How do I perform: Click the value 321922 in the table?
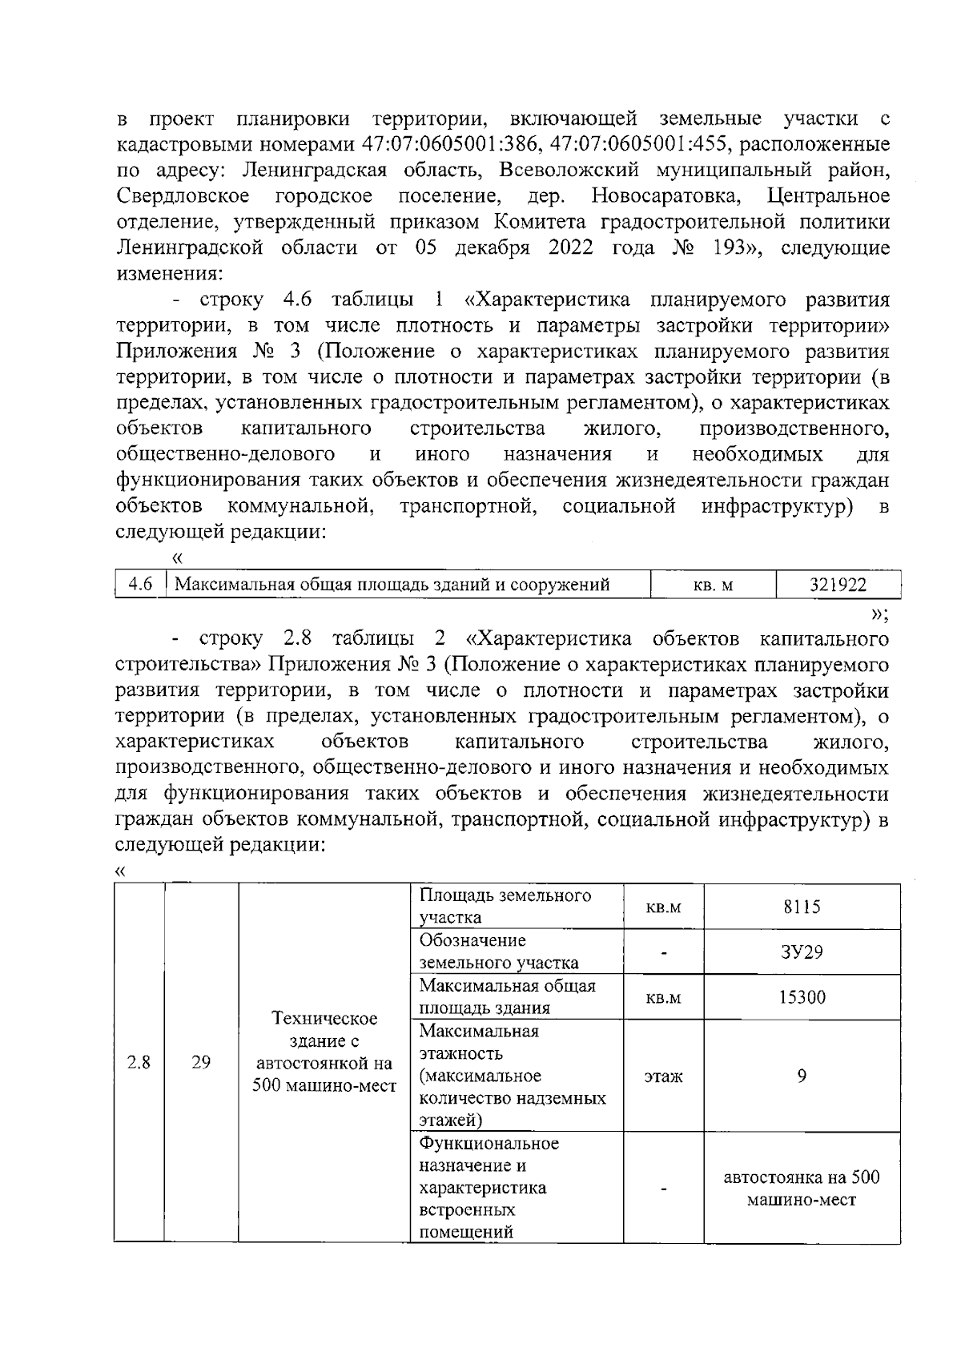(838, 585)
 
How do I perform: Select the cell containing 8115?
(802, 907)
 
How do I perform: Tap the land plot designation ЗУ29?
(802, 952)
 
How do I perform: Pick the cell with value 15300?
(802, 997)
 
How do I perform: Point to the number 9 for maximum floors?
(802, 1075)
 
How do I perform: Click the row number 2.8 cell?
(139, 1062)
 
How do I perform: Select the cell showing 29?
(201, 1062)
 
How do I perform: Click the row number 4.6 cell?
(141, 585)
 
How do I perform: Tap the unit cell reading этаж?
(663, 1076)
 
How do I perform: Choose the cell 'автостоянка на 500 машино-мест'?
(802, 1188)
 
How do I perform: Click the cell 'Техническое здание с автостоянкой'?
(324, 1052)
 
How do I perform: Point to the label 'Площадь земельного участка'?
(505, 906)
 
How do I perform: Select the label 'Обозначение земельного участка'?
(499, 952)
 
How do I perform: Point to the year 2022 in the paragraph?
(571, 247)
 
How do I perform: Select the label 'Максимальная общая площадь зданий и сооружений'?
(392, 585)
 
